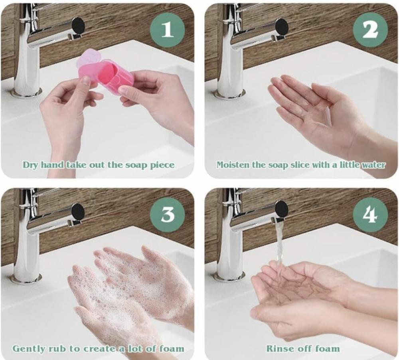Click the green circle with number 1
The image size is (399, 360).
167,30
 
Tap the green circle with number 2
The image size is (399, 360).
370,30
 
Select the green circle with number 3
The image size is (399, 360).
167,214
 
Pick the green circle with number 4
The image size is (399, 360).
370,214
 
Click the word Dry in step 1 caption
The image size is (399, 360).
31,165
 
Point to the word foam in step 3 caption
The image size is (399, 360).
172,348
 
